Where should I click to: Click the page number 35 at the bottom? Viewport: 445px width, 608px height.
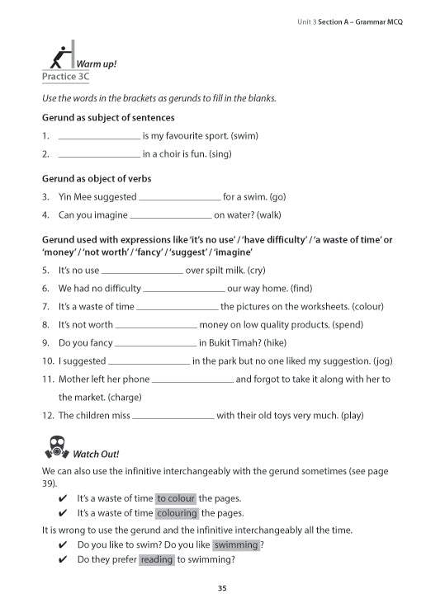coord(222,588)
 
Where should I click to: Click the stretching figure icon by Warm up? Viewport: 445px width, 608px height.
coord(60,56)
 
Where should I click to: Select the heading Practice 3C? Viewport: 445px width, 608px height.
coord(65,77)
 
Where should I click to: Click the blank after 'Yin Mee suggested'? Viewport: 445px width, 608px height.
coord(180,197)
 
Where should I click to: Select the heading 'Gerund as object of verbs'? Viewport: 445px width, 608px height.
coord(97,178)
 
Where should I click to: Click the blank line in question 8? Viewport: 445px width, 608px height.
coord(156,325)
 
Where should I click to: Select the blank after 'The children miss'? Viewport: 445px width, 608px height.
coord(173,416)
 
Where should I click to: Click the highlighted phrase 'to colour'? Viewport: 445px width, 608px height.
coord(176,498)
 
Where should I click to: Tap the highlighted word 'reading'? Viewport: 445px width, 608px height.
coord(157,559)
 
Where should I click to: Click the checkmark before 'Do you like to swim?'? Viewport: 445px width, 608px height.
coord(64,545)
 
